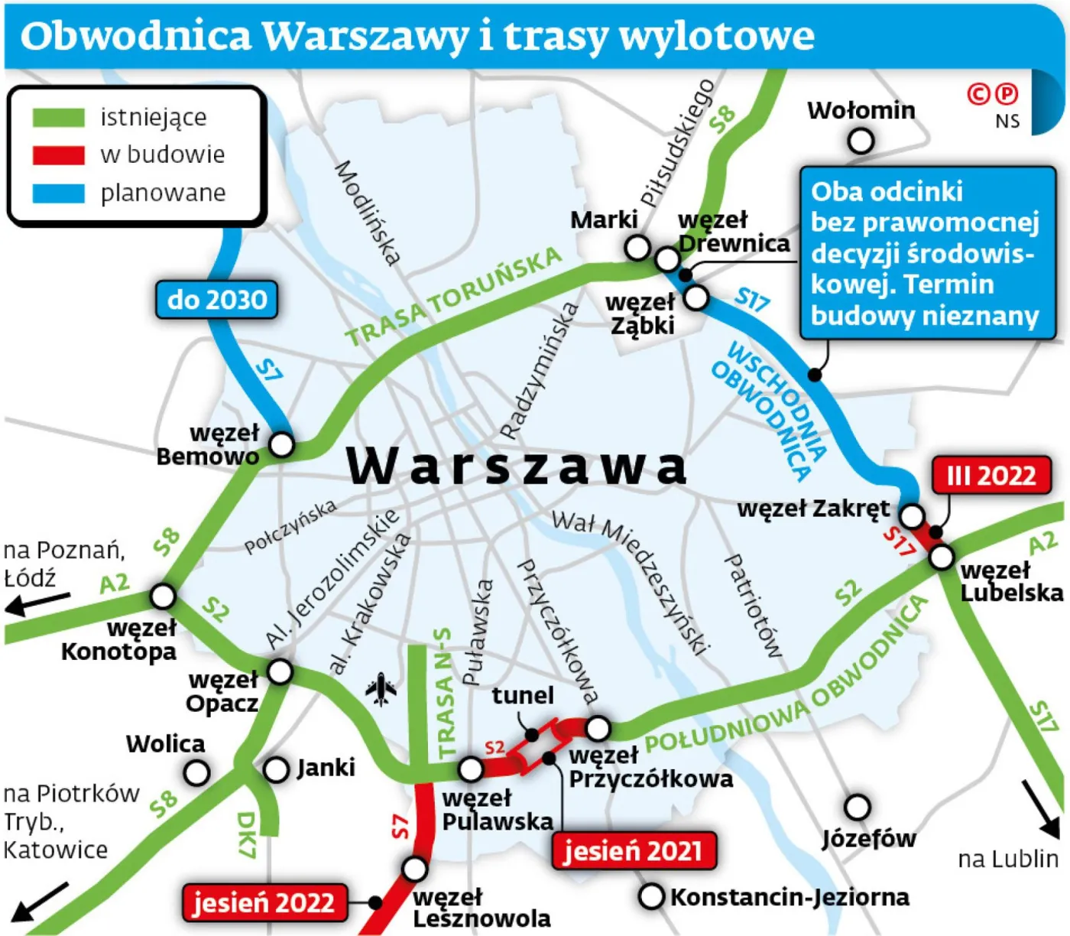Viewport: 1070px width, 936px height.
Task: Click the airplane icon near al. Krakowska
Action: (x=381, y=689)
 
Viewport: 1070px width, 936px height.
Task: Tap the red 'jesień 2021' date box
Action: (x=634, y=850)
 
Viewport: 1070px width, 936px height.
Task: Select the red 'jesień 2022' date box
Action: (x=264, y=902)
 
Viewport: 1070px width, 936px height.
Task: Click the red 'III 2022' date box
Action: (x=991, y=476)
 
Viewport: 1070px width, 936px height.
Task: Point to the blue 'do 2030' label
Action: (x=217, y=299)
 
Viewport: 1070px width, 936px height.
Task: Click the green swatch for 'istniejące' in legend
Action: (x=58, y=118)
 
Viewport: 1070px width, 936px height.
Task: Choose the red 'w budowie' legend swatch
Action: (x=58, y=155)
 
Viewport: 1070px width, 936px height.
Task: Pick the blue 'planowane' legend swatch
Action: (x=58, y=193)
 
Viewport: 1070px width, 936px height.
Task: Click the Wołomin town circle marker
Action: (x=861, y=141)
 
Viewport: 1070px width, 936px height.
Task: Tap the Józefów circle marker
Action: (x=858, y=807)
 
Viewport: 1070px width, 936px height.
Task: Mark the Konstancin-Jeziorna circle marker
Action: (x=651, y=896)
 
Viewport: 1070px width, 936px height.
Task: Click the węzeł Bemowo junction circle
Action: (x=282, y=444)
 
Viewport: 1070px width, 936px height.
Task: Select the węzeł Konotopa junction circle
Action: (x=163, y=596)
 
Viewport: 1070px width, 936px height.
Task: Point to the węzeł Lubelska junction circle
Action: (x=942, y=557)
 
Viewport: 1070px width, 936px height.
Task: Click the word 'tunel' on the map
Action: (x=523, y=695)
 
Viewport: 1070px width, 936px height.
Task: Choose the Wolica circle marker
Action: (x=197, y=772)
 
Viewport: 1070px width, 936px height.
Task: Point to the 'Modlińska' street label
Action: (x=368, y=213)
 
